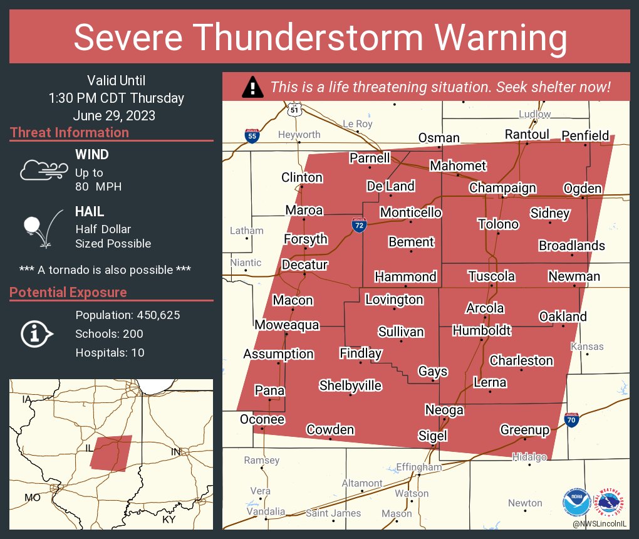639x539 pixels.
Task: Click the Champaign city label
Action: click(502, 188)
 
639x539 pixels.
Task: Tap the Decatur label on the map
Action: click(304, 264)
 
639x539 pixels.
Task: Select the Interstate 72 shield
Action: click(358, 226)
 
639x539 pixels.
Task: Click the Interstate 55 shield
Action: click(251, 136)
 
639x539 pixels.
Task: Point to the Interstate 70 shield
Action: click(571, 421)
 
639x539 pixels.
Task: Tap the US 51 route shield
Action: click(295, 109)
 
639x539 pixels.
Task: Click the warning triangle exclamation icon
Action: click(252, 87)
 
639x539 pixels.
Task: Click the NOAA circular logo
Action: click(576, 502)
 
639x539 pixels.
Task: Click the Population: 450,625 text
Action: click(128, 315)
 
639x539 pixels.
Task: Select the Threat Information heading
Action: click(70, 133)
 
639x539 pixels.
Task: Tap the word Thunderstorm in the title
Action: click(319, 38)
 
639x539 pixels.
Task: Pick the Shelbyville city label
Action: click(350, 385)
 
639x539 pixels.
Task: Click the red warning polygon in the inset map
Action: click(112, 453)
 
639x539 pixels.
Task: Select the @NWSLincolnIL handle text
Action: click(600, 523)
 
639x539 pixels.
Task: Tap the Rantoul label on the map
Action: click(527, 135)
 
